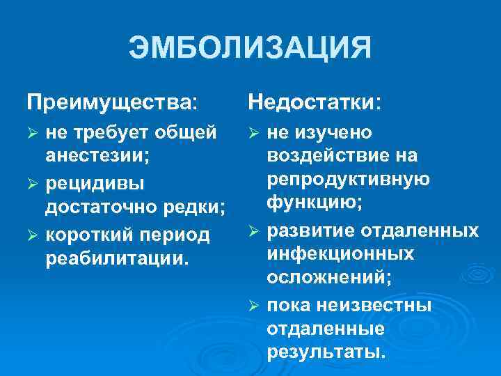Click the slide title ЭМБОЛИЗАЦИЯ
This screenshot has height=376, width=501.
(x=250, y=49)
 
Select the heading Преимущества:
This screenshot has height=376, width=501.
(x=112, y=103)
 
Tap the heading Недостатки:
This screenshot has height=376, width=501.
(x=315, y=103)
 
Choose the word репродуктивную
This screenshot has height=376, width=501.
(x=349, y=179)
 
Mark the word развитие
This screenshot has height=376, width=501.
(x=311, y=230)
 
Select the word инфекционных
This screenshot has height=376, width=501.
(x=341, y=253)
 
